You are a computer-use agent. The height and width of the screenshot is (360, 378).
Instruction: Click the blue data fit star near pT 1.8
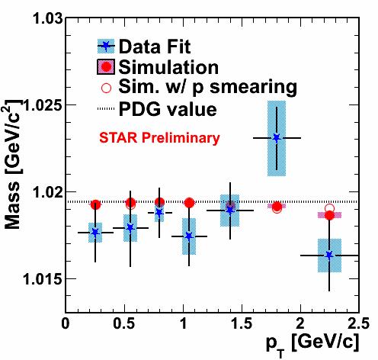pyautogui.click(x=277, y=138)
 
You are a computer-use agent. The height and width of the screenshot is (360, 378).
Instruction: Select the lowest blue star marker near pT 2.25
pyautogui.click(x=329, y=255)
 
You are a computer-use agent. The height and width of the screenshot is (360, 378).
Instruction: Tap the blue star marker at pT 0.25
pyautogui.click(x=95, y=233)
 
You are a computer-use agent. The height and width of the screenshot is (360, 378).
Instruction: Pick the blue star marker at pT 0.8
pyautogui.click(x=159, y=212)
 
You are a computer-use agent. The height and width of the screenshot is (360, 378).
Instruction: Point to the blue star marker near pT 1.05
pyautogui.click(x=189, y=236)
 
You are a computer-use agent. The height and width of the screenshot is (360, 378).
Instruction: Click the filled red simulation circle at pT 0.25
pyautogui.click(x=95, y=204)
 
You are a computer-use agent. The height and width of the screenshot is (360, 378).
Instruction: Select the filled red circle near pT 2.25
pyautogui.click(x=330, y=215)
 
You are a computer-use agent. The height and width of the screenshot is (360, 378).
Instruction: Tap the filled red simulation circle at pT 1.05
pyautogui.click(x=189, y=203)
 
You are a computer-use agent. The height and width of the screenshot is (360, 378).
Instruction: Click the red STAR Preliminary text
pyautogui.click(x=159, y=138)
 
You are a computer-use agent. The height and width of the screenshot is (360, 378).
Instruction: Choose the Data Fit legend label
pyautogui.click(x=155, y=47)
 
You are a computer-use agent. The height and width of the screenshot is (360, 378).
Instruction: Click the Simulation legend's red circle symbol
pyautogui.click(x=106, y=67)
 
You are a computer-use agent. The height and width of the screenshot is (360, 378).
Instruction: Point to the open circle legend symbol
pyautogui.click(x=106, y=88)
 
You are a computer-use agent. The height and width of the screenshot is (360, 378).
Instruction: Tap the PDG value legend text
pyautogui.click(x=168, y=109)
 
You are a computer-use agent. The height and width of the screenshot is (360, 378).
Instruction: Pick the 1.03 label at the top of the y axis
pyautogui.click(x=48, y=18)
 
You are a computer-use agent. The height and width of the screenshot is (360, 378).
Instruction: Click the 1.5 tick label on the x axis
pyautogui.click(x=242, y=324)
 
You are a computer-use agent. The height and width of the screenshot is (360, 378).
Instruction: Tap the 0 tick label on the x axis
pyautogui.click(x=66, y=324)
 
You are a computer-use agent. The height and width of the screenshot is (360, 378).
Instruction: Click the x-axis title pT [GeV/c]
pyautogui.click(x=312, y=344)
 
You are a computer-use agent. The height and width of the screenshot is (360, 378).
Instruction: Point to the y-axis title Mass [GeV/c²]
pyautogui.click(x=13, y=164)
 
